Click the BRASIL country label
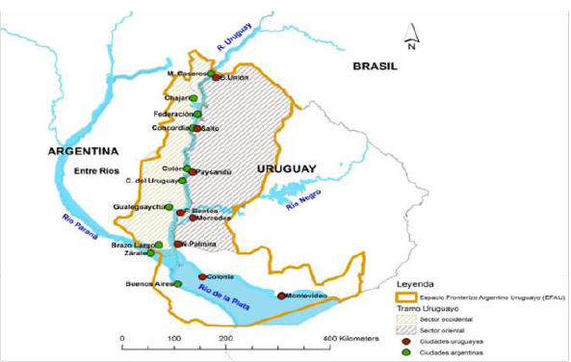(x=376, y=66)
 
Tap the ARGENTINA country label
(x=82, y=152)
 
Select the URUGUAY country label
(x=284, y=168)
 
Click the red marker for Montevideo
(x=281, y=296)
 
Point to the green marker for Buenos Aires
(x=177, y=284)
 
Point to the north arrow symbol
(x=409, y=39)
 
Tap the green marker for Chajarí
(x=194, y=98)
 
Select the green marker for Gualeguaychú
(x=169, y=207)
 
